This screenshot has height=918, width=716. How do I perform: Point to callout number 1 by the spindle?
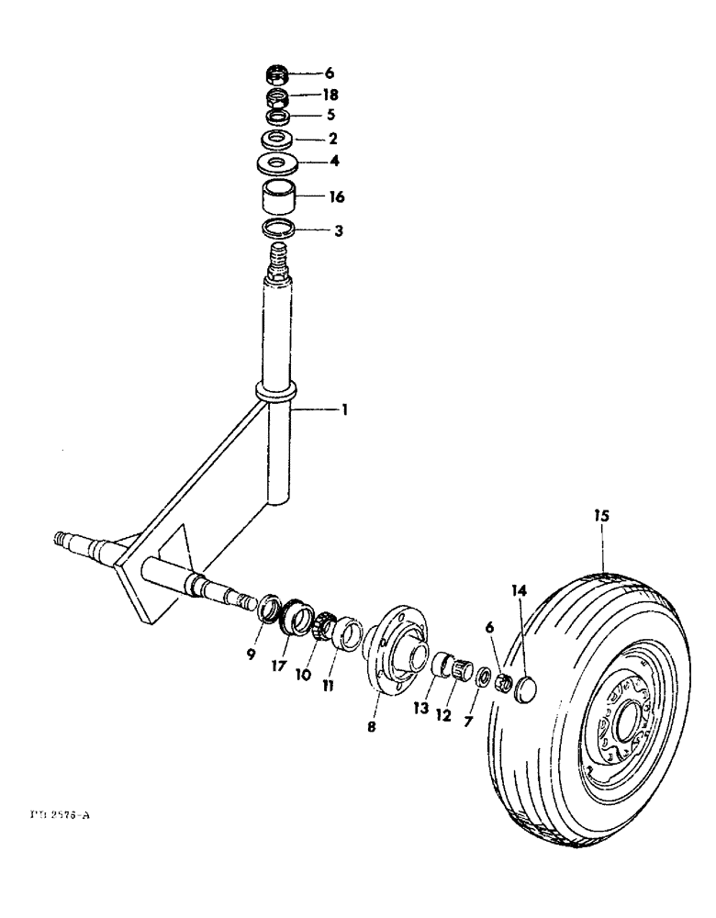click(x=343, y=411)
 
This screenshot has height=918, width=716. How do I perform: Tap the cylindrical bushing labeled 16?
click(x=278, y=196)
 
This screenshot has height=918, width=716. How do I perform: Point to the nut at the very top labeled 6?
click(x=277, y=73)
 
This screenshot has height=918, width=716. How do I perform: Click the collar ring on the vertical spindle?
click(x=276, y=392)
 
